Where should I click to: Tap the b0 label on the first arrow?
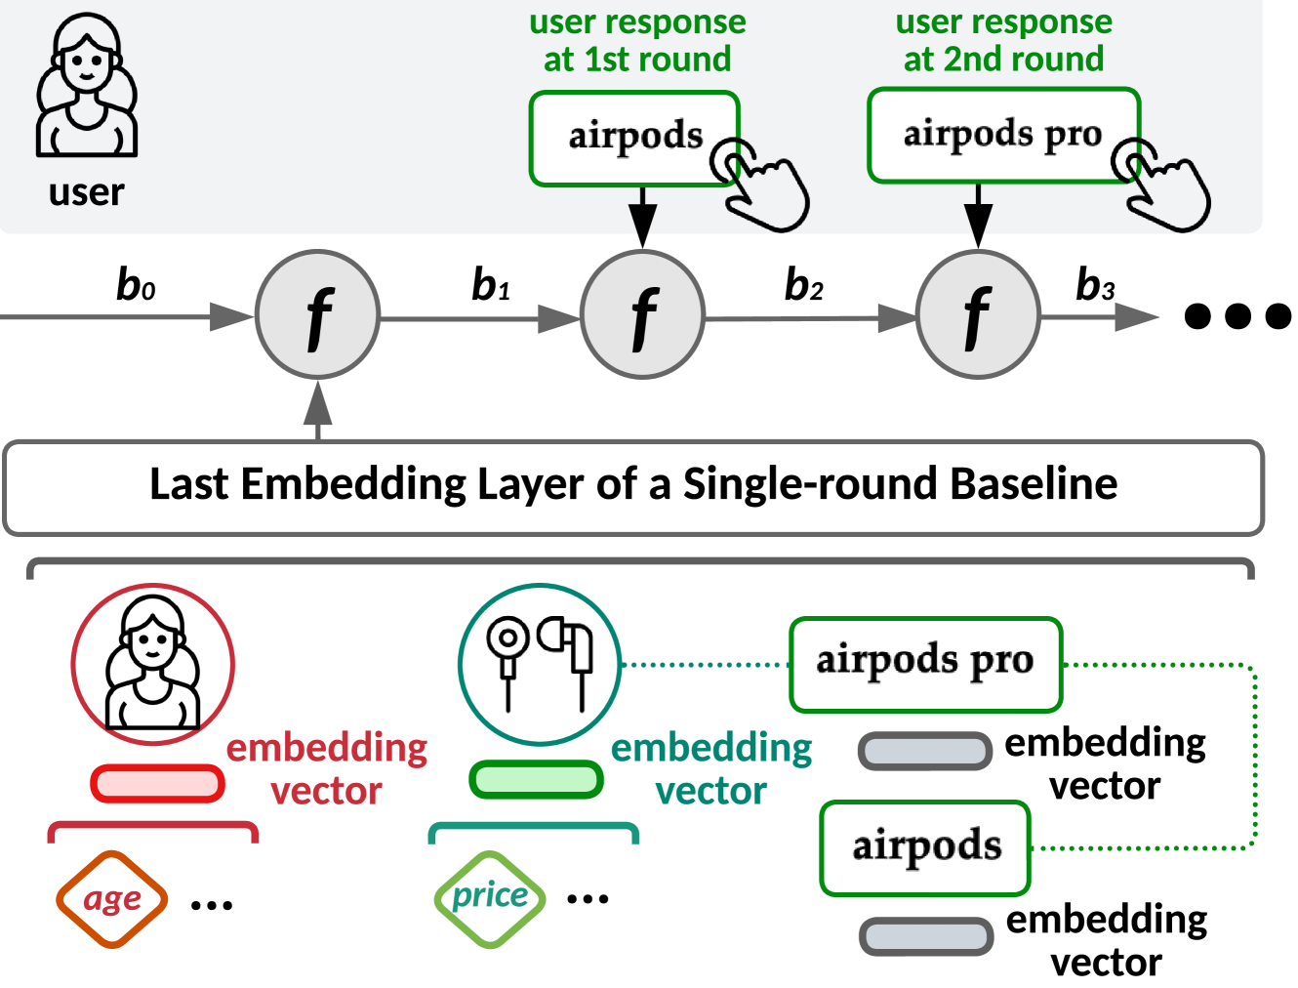click(x=136, y=284)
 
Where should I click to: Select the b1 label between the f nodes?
click(x=491, y=284)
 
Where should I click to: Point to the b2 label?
click(x=804, y=285)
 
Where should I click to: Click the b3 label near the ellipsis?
click(x=1095, y=285)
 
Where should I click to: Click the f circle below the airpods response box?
click(x=642, y=314)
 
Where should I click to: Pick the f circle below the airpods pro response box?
click(x=978, y=314)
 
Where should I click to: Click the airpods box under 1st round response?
click(x=634, y=138)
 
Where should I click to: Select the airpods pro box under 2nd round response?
click(x=1003, y=135)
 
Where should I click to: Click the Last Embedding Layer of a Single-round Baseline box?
click(x=633, y=486)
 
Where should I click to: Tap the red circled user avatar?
click(x=152, y=664)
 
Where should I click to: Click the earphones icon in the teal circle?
click(x=540, y=664)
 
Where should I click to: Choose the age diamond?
click(x=111, y=899)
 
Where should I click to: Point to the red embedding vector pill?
click(x=157, y=783)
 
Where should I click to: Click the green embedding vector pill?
click(x=536, y=779)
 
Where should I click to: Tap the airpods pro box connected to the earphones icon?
click(x=924, y=663)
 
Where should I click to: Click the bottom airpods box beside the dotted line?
click(x=925, y=847)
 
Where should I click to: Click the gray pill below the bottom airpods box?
click(x=925, y=935)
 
